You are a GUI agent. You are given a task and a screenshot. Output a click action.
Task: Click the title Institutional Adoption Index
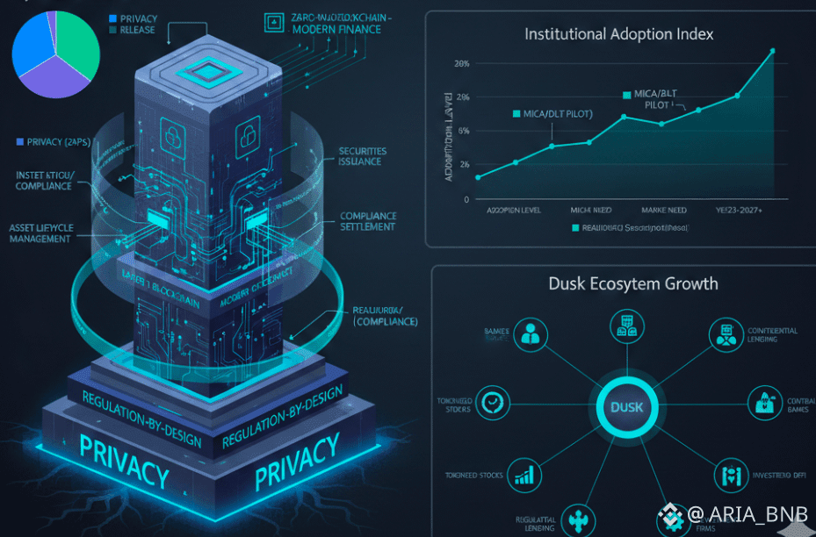(618, 34)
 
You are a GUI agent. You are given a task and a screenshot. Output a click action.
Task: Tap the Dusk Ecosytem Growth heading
(632, 283)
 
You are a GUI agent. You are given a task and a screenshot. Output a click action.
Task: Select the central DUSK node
(626, 408)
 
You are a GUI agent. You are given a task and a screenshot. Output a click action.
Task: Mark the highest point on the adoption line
(772, 51)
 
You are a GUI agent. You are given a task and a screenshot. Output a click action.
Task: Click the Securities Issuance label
(362, 156)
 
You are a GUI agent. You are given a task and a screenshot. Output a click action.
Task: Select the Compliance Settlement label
(368, 221)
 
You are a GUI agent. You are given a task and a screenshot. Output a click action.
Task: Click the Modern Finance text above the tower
(336, 29)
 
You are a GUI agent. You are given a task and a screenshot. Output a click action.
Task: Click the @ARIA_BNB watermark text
(743, 514)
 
